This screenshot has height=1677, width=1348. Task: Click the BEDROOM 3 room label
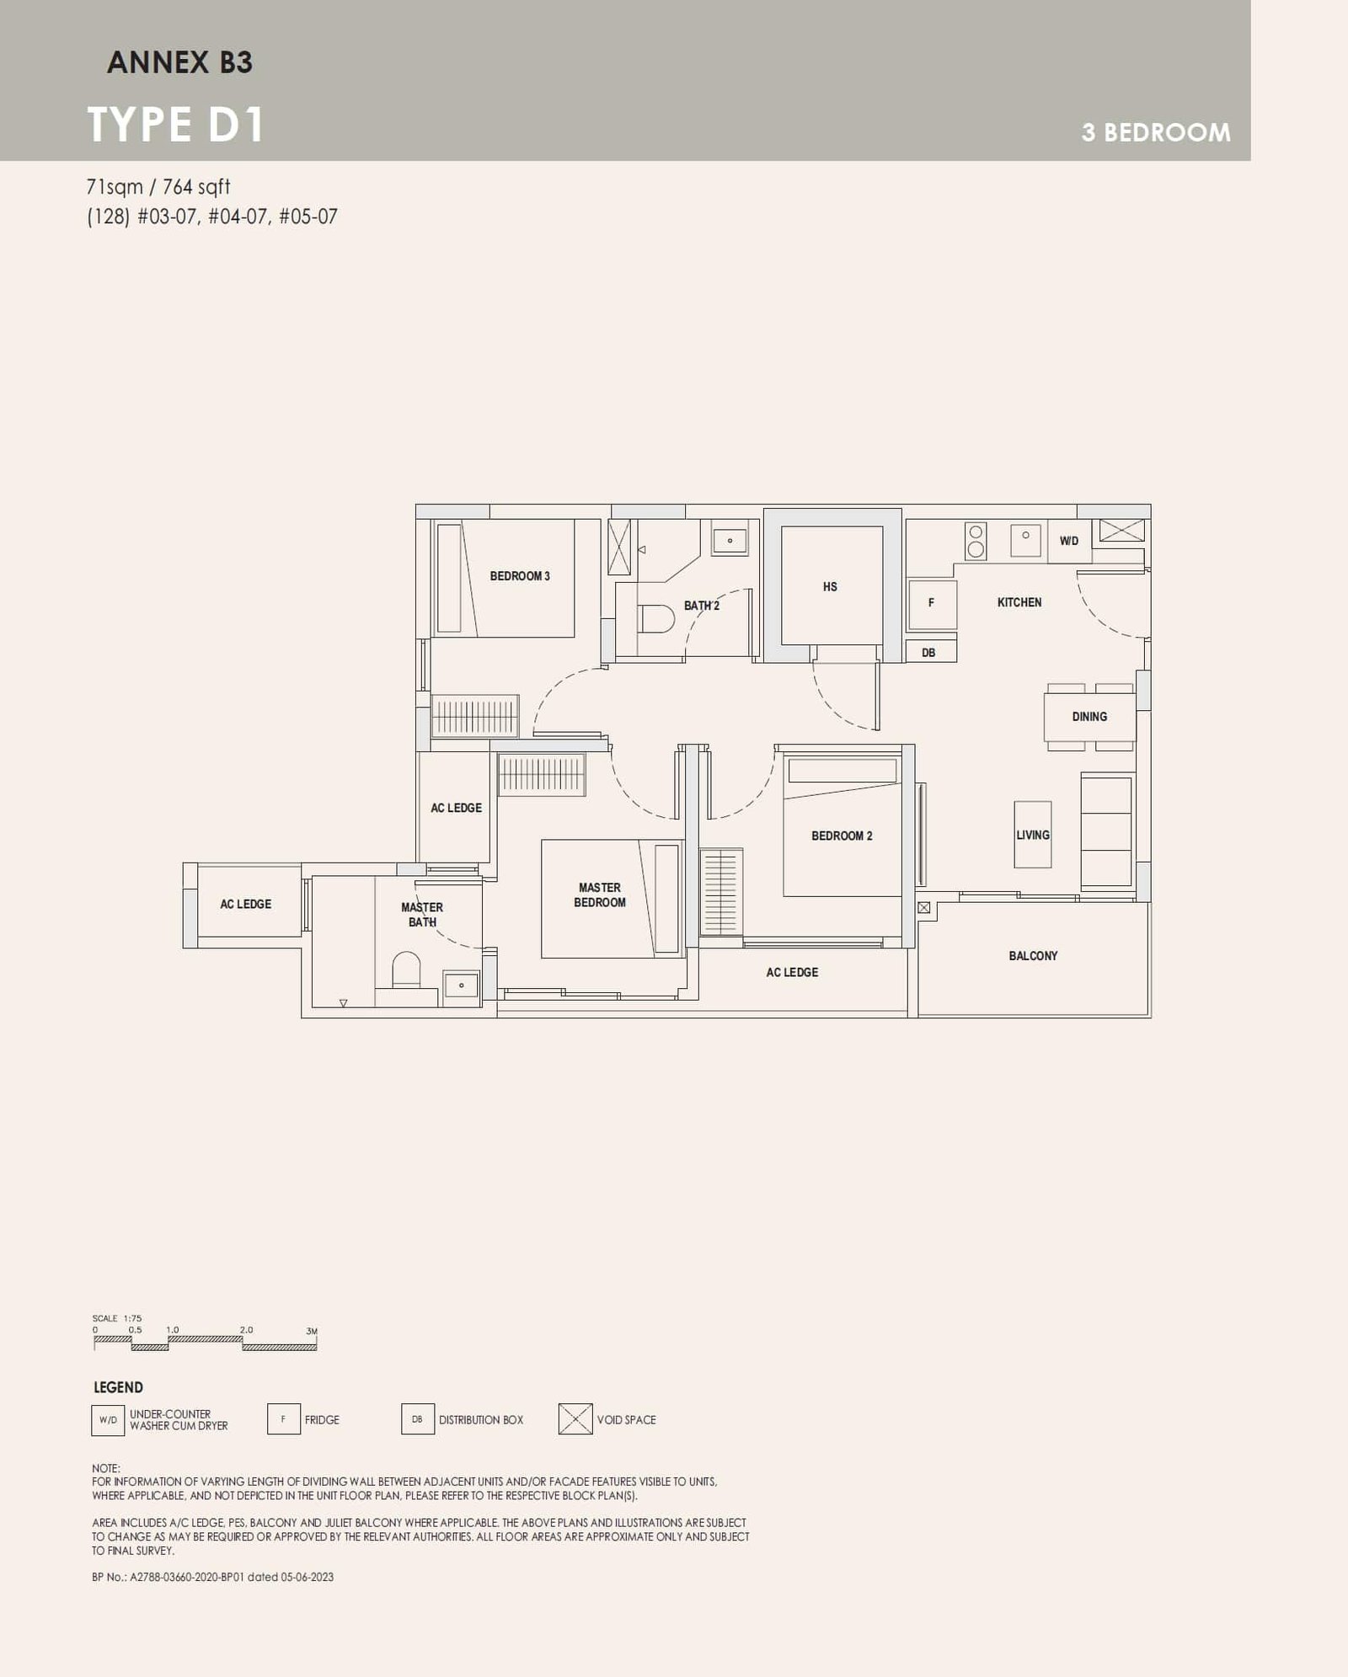[x=520, y=576]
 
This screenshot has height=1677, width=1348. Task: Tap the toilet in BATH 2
[x=656, y=620]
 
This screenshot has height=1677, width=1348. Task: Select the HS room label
[x=830, y=587]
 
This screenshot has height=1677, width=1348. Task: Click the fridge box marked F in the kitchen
[x=931, y=603]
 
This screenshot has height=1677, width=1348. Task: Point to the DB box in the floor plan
[x=928, y=653]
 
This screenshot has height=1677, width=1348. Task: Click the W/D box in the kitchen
[x=1068, y=541]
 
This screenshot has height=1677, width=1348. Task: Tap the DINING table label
[x=1089, y=717]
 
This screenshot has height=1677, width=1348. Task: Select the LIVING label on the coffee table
[x=1032, y=835]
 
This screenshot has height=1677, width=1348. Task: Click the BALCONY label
[x=1033, y=956]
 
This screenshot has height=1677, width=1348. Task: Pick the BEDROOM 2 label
[x=842, y=836]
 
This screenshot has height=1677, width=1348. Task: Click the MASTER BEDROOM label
[x=599, y=895]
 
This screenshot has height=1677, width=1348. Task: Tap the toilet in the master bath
[x=407, y=970]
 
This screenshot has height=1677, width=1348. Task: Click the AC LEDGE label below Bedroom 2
[x=791, y=972]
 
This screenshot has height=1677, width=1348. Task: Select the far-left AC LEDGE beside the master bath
[x=245, y=904]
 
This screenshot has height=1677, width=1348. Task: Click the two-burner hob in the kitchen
[x=976, y=541]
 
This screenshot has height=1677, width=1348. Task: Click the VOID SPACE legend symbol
[x=575, y=1419]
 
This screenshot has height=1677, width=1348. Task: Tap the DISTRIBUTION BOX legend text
[x=480, y=1420]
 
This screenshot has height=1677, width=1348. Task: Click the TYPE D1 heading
[x=176, y=125]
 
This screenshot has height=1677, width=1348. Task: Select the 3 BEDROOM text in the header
[x=1155, y=132]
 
